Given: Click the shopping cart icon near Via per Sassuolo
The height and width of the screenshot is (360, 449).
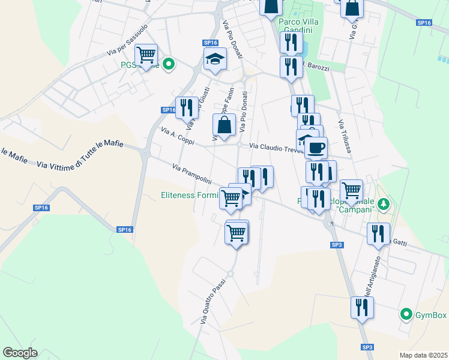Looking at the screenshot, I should coord(146,56).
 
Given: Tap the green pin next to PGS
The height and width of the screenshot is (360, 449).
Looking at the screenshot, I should coord(169,64).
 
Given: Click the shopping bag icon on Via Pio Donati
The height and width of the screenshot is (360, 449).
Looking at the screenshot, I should coord(224,126).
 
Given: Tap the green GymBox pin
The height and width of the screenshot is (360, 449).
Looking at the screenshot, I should coord(406,314).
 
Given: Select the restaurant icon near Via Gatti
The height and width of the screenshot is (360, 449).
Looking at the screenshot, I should coord(378,234).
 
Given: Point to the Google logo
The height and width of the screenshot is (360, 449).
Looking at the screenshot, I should coord(20,352).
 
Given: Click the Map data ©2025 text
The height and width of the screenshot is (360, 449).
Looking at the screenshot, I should coord(423,355).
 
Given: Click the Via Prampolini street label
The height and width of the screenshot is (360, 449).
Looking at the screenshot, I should coord(192,174).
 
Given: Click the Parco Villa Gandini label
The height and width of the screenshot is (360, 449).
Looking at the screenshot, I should coord(299,26).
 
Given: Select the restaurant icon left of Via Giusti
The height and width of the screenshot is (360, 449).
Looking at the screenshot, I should coord(187,108).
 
